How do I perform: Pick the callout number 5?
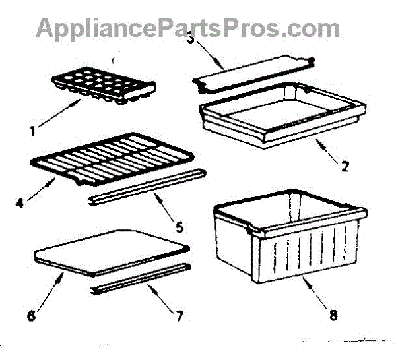[179, 229]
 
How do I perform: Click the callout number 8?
[333, 315]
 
